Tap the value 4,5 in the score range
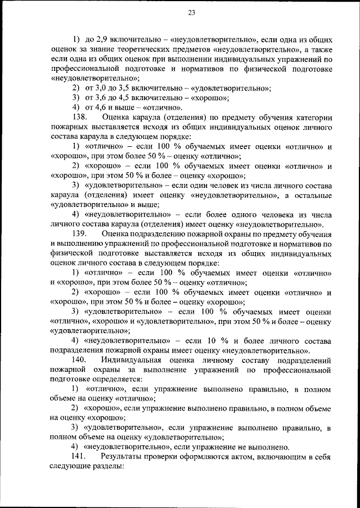click(127, 98)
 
